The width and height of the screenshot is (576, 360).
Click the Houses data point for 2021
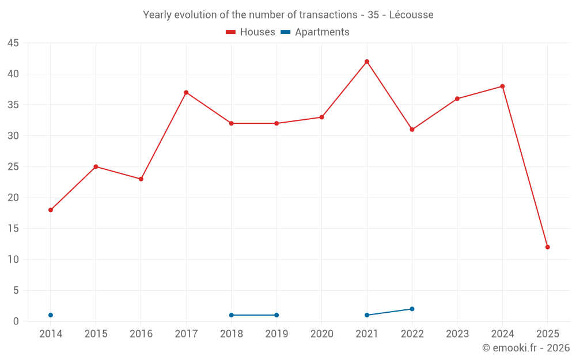(x=367, y=62)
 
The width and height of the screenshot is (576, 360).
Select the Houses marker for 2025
(x=548, y=247)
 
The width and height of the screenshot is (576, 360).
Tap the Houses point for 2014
(x=51, y=210)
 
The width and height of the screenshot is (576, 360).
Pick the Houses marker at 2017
(x=186, y=92)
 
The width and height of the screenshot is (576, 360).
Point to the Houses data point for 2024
(x=502, y=86)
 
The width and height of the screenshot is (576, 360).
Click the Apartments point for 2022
(x=412, y=309)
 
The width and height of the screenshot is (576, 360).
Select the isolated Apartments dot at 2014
(x=51, y=315)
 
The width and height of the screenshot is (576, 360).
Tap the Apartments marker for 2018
(x=232, y=315)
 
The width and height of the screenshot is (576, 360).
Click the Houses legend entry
(x=251, y=32)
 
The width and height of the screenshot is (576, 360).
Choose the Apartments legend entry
(x=315, y=32)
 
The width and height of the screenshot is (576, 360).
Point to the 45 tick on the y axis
(x=13, y=43)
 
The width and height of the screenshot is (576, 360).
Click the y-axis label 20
(x=13, y=198)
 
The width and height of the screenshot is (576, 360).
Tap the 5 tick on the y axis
(x=16, y=290)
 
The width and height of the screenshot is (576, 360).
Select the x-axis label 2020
(x=322, y=334)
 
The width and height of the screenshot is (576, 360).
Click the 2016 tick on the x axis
(x=141, y=334)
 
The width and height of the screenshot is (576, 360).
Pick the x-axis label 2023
(x=457, y=334)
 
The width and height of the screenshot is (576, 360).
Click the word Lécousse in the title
(x=411, y=15)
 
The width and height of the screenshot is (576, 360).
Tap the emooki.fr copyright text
(x=526, y=348)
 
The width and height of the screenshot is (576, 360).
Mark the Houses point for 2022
(x=412, y=130)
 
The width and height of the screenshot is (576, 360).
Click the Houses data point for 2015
(x=96, y=166)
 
